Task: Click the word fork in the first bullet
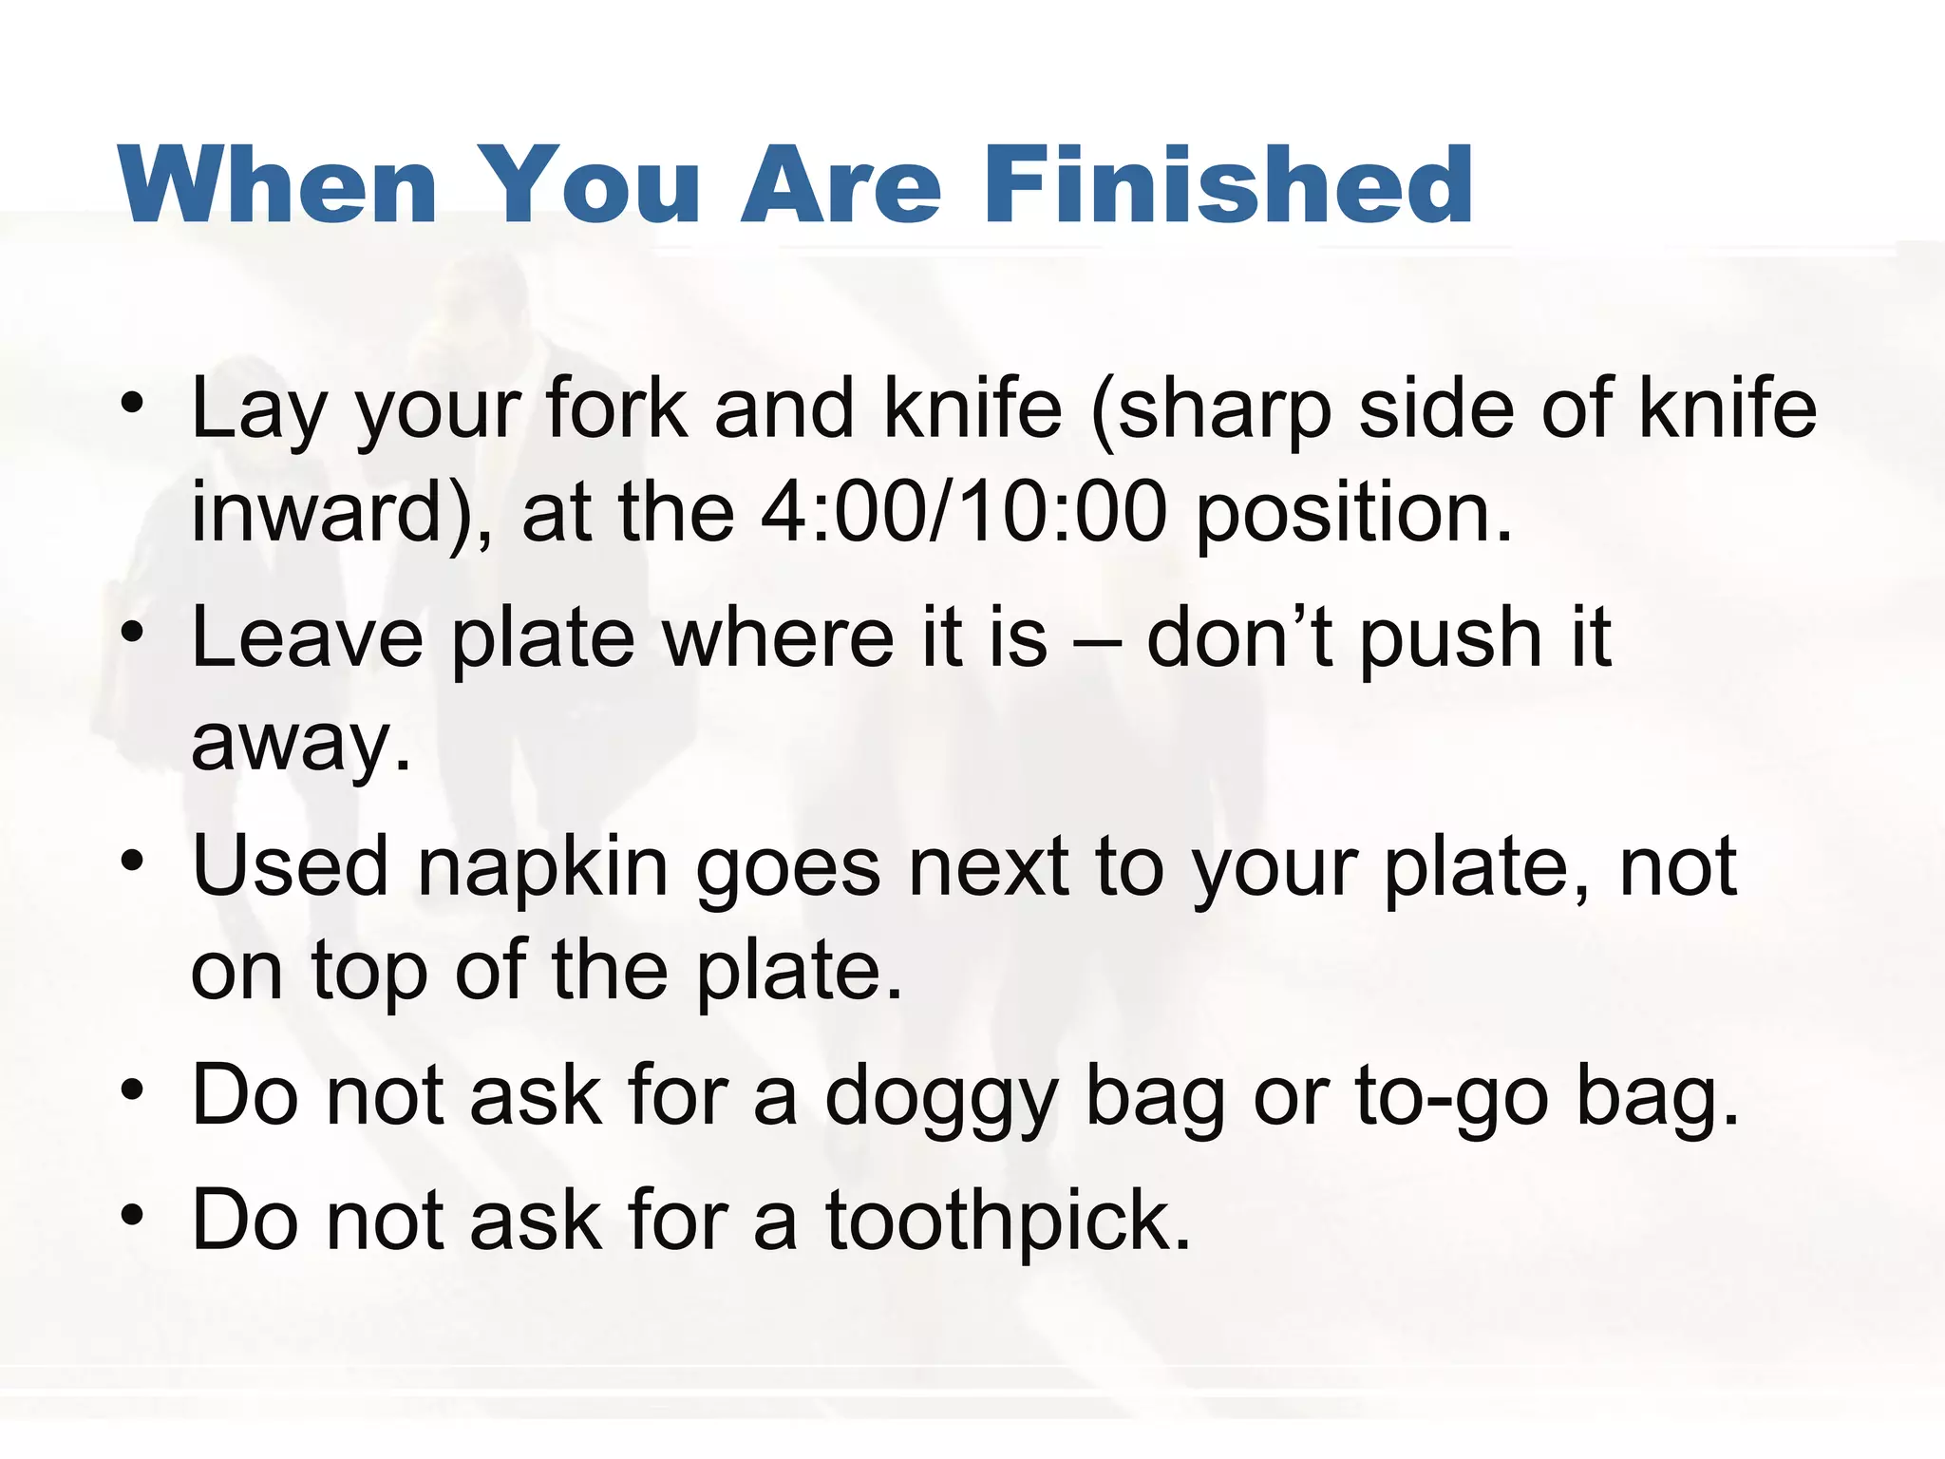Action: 616,408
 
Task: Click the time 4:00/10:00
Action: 963,513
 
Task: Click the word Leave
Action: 307,637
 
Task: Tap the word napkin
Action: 542,869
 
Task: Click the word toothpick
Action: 1006,1223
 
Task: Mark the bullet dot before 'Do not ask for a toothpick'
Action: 133,1215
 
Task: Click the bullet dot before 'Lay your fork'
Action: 133,403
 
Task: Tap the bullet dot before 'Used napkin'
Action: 133,861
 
